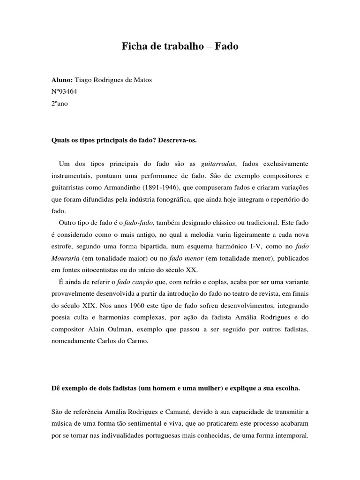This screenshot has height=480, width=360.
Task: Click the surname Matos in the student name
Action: [142, 80]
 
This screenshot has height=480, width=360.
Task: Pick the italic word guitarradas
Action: [219, 163]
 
